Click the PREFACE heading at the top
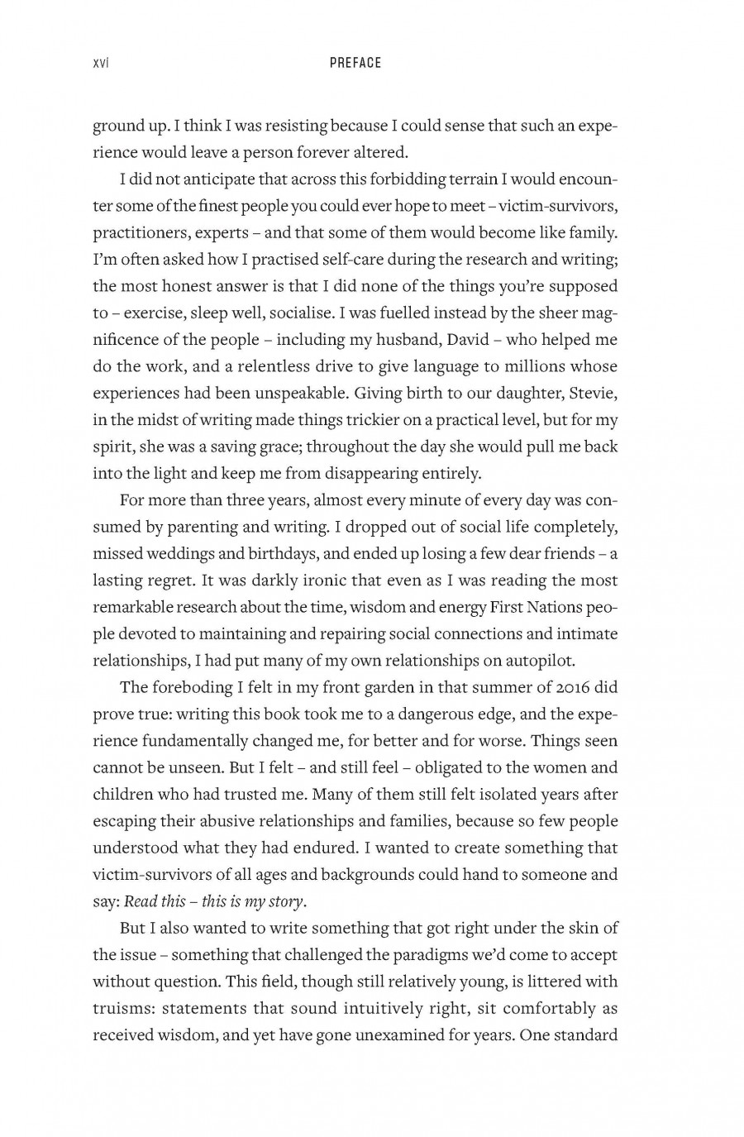click(355, 63)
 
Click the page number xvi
click(102, 63)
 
